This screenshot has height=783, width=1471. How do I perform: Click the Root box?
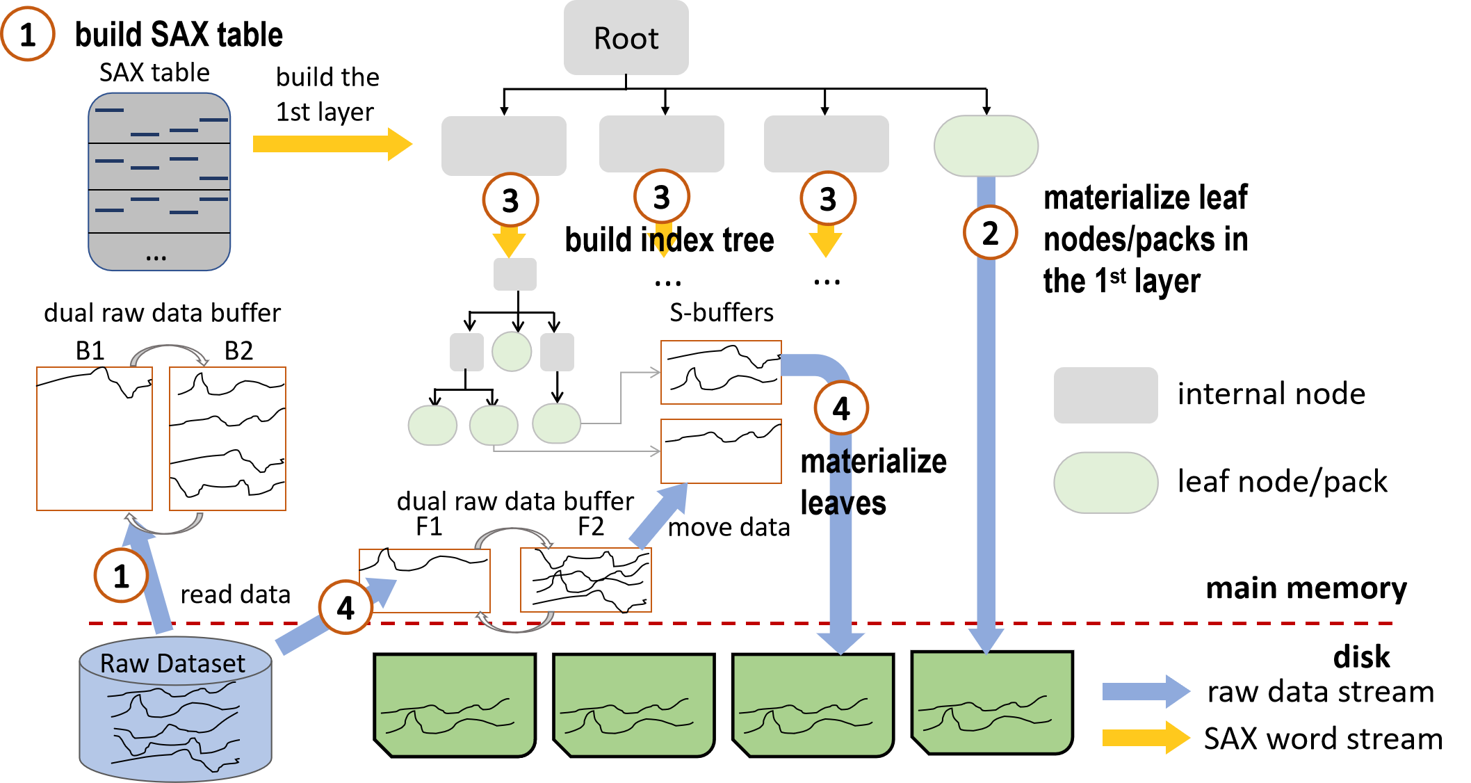626,38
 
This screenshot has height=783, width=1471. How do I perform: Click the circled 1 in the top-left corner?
28,34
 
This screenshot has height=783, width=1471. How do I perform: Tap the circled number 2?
990,232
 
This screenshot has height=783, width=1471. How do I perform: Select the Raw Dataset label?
172,663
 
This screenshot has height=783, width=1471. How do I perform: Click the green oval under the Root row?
986,146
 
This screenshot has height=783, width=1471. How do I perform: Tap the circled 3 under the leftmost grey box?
510,200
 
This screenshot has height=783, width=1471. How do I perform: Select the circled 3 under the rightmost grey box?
827,199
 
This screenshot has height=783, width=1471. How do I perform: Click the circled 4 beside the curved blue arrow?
841,408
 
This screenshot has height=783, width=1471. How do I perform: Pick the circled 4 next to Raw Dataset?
346,608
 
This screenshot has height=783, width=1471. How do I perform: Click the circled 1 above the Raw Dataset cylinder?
121,576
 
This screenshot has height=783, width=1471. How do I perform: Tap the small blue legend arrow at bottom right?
1146,691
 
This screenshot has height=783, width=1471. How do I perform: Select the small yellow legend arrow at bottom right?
1146,737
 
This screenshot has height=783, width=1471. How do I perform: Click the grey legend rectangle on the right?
1105,395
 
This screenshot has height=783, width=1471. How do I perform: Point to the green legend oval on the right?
1105,483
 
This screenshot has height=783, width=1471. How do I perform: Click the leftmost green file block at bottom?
455,705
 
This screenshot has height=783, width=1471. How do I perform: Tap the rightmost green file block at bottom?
991,702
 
